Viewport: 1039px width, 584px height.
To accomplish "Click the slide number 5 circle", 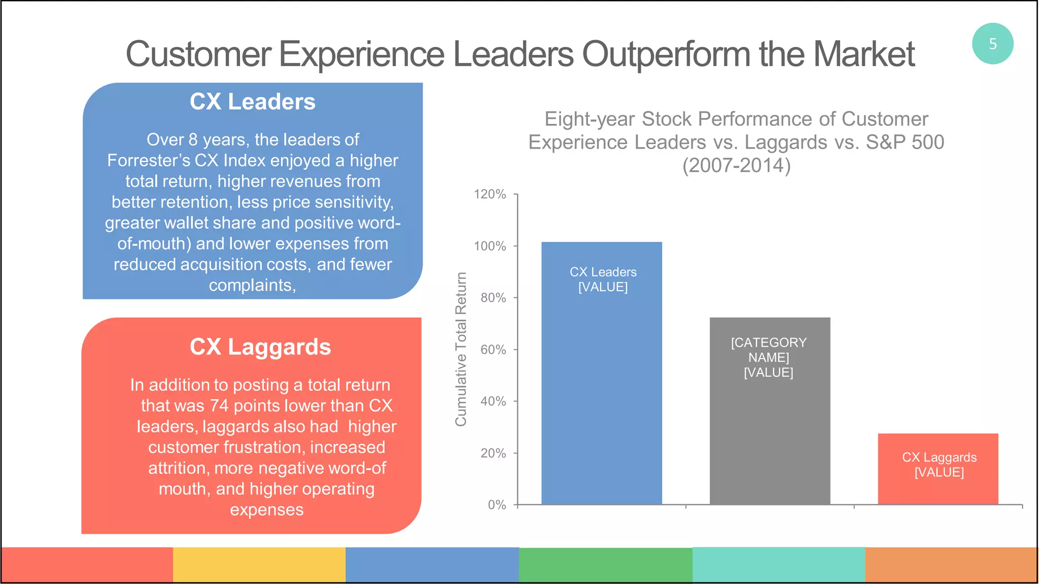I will [992, 44].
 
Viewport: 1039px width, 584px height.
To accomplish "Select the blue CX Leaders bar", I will [601, 386].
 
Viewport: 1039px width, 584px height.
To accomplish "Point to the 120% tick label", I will [490, 194].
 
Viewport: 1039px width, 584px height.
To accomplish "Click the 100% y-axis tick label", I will [490, 246].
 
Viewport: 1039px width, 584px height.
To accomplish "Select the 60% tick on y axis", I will [493, 350].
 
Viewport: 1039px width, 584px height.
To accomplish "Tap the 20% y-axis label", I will [493, 453].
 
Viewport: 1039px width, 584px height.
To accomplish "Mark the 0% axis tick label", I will [497, 505].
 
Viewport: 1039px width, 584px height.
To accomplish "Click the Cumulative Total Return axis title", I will [461, 349].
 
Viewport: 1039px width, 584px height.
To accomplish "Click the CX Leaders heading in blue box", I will [252, 101].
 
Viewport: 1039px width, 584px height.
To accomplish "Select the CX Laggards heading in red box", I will [260, 347].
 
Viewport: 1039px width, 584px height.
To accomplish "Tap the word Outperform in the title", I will [666, 54].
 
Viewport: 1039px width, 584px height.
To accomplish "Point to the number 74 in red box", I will [219, 406].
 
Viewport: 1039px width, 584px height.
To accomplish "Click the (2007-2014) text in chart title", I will [736, 165].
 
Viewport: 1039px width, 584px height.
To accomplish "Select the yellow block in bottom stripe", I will [259, 564].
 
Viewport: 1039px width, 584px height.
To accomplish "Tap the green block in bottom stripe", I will [605, 564].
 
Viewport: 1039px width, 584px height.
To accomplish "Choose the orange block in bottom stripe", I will [951, 564].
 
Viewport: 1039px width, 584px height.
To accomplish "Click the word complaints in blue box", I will [251, 286].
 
